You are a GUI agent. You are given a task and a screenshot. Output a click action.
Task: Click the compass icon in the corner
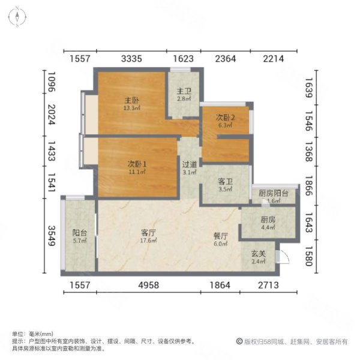click(x=17, y=17)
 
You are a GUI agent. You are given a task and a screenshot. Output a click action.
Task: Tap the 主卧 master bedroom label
click(x=132, y=100)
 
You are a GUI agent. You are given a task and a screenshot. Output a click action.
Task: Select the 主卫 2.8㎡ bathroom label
click(x=184, y=95)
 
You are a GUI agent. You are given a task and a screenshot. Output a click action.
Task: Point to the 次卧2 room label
click(x=225, y=118)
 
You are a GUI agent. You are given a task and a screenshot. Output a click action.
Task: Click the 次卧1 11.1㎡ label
click(x=137, y=167)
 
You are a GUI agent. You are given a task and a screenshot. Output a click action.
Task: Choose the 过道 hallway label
click(x=190, y=164)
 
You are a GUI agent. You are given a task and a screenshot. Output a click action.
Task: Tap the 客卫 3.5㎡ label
click(x=225, y=185)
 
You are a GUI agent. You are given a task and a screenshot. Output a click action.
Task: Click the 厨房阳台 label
click(x=273, y=193)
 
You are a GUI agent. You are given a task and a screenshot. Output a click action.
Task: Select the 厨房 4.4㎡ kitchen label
click(x=268, y=223)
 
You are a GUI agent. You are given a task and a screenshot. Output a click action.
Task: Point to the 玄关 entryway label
click(x=258, y=254)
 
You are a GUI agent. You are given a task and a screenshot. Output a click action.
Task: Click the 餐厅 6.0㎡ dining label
click(x=221, y=239)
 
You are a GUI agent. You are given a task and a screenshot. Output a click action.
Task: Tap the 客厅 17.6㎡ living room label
click(x=149, y=236)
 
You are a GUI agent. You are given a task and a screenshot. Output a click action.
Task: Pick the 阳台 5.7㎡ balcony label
click(x=80, y=236)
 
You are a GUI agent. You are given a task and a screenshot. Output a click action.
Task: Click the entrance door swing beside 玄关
click(x=284, y=257)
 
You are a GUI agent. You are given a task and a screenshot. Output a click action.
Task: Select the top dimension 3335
click(x=131, y=59)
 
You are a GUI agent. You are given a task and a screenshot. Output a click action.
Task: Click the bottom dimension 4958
click(x=149, y=285)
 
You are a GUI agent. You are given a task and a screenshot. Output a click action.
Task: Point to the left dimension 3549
click(x=52, y=236)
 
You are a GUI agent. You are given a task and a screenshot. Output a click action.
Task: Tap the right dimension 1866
click(x=309, y=185)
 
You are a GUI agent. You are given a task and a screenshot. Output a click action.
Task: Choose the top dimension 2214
click(x=274, y=59)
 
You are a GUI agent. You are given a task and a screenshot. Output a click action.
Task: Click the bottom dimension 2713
click(x=268, y=285)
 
